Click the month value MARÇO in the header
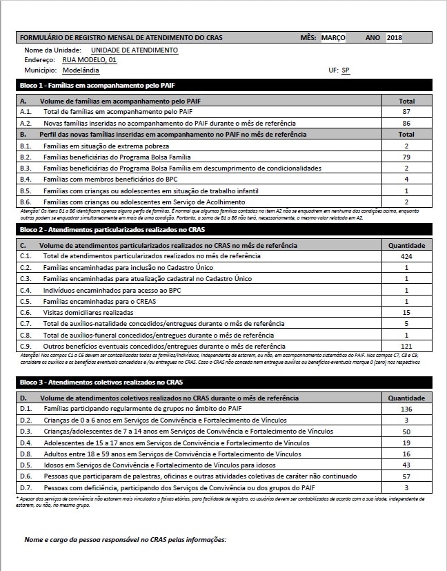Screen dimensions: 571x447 (x=333, y=37)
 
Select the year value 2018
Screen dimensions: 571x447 (x=395, y=37)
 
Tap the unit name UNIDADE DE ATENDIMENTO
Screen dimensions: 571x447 (x=134, y=50)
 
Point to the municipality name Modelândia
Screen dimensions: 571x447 (x=81, y=70)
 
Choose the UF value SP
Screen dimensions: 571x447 (x=346, y=70)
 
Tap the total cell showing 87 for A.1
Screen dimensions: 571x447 (x=406, y=111)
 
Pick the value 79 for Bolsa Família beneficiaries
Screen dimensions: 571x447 (x=406, y=157)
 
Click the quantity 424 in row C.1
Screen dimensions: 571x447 (x=406, y=256)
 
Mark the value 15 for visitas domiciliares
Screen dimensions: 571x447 (x=406, y=313)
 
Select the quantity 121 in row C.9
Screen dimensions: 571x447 (x=406, y=346)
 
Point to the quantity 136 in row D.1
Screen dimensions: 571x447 (x=406, y=409)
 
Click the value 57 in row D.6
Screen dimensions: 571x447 (x=406, y=477)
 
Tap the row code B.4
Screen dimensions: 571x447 (x=26, y=180)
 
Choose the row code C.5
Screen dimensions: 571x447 (x=26, y=301)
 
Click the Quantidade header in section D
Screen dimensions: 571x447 (x=406, y=398)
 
